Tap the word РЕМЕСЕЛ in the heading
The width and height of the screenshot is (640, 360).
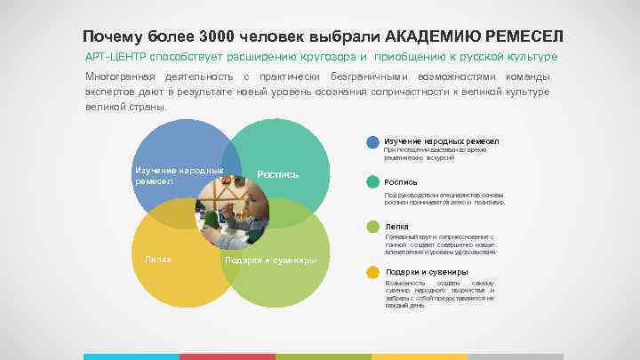point(525,36)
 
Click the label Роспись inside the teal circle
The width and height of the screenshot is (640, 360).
point(277,174)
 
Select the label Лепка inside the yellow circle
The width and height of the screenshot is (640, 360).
point(157,260)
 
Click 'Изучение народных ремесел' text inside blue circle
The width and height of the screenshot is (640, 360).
point(175,175)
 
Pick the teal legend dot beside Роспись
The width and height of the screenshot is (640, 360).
point(373,182)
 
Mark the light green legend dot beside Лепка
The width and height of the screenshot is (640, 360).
point(373,227)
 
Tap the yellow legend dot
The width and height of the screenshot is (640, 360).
point(373,272)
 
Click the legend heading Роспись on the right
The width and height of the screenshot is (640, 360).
point(401,182)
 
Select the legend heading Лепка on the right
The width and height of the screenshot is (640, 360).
point(396,227)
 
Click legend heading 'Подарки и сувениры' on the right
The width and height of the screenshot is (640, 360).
point(427,272)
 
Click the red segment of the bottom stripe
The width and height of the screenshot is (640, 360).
point(228,356)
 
